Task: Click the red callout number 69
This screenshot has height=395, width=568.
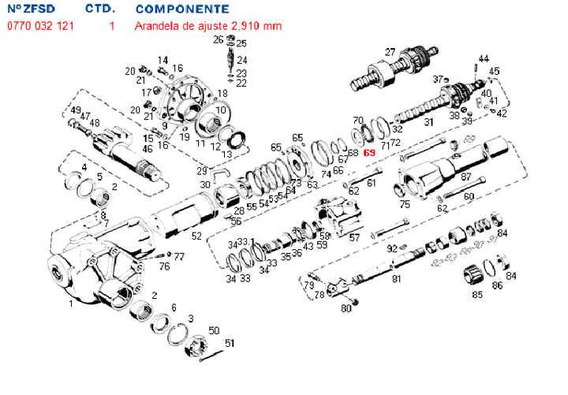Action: coord(368,153)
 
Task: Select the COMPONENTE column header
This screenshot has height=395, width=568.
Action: coord(183,9)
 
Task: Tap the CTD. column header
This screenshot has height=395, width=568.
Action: coord(101,9)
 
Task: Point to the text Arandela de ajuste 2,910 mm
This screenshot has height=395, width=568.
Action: coord(209,26)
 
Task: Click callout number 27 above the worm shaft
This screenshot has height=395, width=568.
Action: coord(390,52)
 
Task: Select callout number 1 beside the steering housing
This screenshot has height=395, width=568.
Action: coord(70,303)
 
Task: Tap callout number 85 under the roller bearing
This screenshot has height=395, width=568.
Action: coord(476,296)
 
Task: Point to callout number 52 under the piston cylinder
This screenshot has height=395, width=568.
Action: coord(196,236)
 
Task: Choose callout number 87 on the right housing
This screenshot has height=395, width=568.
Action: coord(465,177)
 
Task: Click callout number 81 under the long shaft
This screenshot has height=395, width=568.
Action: coord(396,278)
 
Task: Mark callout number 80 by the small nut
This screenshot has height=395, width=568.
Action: coord(346,308)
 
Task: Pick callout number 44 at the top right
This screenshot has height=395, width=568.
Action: coord(484,58)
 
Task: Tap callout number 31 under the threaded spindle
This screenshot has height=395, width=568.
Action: coord(428,123)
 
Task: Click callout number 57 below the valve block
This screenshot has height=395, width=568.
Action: coord(354,237)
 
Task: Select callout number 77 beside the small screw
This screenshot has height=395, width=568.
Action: coord(179,256)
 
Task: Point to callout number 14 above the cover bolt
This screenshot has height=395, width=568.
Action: coord(163,60)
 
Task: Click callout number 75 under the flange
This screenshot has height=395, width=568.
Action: coord(405,205)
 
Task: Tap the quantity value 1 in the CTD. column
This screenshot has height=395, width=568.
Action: coord(112,26)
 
